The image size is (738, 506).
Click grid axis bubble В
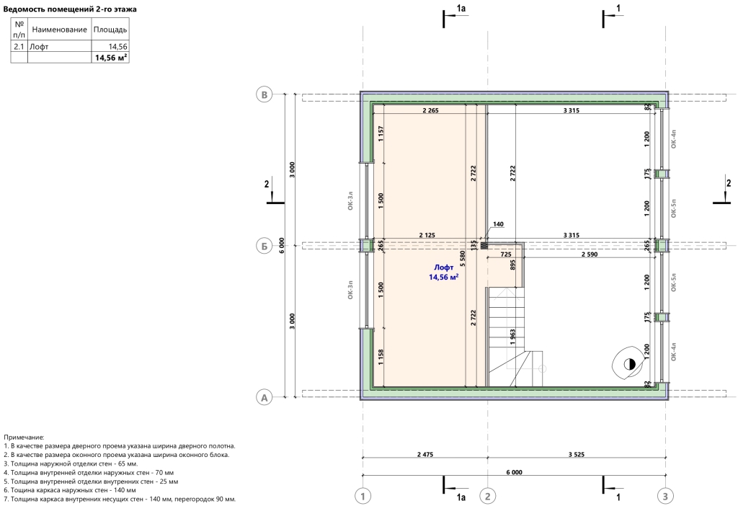(264, 94)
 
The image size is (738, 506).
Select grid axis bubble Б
(264, 246)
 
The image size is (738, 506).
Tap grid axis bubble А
(264, 398)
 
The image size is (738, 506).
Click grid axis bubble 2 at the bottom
(488, 496)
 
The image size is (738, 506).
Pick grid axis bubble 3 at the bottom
(665, 496)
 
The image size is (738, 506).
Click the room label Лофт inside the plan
(443, 267)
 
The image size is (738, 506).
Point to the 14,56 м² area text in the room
(443, 278)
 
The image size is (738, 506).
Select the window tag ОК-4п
(674, 139)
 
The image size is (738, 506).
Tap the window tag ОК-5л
(674, 282)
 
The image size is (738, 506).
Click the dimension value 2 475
(425, 455)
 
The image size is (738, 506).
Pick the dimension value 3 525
(576, 455)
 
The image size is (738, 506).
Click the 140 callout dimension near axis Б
(498, 224)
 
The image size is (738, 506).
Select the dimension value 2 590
(590, 254)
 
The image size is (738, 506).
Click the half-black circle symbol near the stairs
(629, 364)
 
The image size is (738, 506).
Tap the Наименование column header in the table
(59, 30)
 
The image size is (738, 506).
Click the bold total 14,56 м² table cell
(111, 58)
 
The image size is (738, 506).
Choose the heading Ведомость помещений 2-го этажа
(70, 9)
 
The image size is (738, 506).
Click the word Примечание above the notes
(24, 438)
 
